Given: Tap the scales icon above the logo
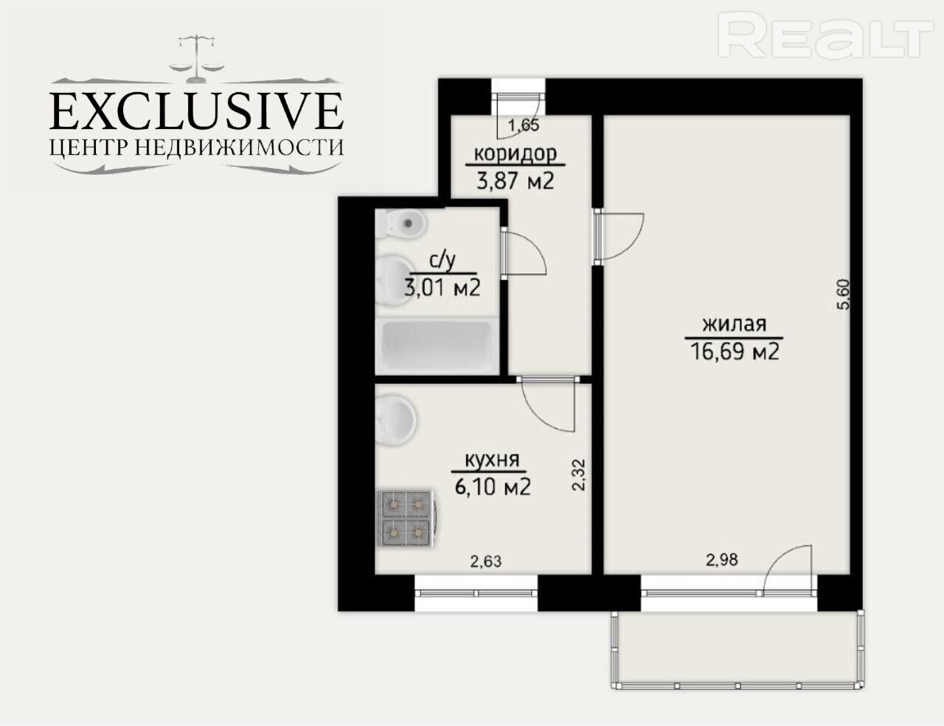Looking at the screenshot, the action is (x=197, y=59).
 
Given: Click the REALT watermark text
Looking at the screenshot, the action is (x=825, y=35).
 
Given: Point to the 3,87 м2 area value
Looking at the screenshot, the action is (x=516, y=181).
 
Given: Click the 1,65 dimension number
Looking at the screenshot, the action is (x=524, y=125).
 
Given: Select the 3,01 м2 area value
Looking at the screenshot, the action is (x=442, y=287).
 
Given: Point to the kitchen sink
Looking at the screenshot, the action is (x=396, y=419).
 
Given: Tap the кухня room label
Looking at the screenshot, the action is (x=492, y=460).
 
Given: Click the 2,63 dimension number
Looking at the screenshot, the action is (x=486, y=562).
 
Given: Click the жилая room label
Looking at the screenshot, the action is (x=734, y=324).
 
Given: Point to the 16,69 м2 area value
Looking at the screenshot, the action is (x=734, y=352).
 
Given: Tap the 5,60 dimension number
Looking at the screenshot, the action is (x=842, y=294).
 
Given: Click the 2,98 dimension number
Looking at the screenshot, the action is (x=721, y=560).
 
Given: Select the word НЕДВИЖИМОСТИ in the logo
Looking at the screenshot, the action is (x=239, y=147).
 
